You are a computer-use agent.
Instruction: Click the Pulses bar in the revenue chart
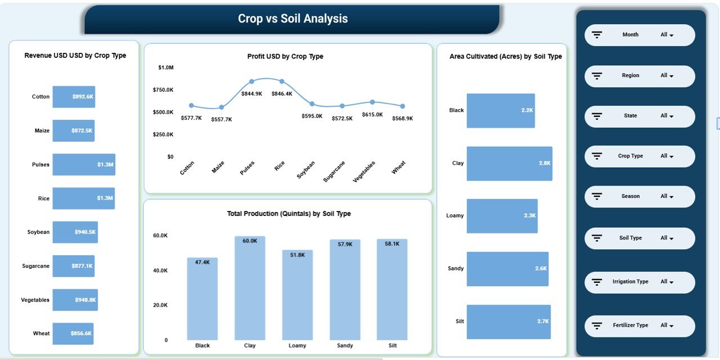83,165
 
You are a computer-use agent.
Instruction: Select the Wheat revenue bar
73,334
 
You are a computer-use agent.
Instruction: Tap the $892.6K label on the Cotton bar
83,97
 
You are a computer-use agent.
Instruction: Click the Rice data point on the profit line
282,82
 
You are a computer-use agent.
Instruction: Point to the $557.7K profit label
221,119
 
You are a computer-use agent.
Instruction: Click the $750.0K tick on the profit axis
163,90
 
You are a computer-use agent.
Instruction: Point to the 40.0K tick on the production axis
160,271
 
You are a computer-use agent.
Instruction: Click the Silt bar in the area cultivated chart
508,322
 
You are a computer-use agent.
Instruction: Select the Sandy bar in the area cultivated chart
507,269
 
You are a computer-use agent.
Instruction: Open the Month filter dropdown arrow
672,35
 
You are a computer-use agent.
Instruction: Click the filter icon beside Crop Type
597,156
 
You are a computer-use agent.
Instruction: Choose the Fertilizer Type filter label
631,325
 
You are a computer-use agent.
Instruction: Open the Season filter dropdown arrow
672,197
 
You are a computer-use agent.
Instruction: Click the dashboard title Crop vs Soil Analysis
292,19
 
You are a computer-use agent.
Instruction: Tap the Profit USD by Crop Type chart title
285,56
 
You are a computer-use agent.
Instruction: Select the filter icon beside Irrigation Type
597,282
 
